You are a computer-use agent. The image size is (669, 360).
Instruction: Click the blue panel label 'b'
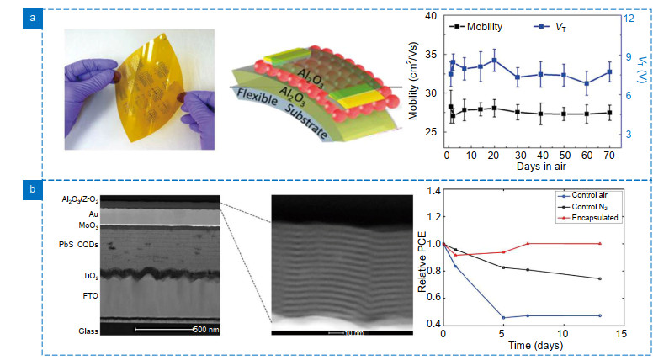(x=31, y=190)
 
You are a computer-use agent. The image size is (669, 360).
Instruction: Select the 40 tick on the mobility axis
(x=431, y=16)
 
